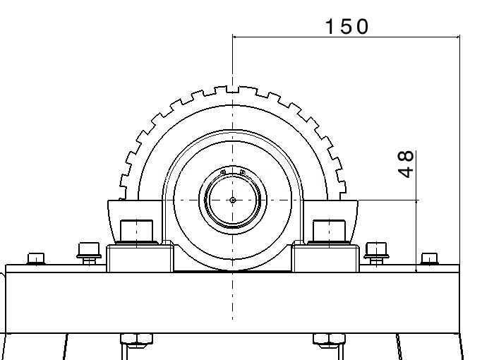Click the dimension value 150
(x=347, y=26)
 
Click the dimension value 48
(x=406, y=164)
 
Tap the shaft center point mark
(x=233, y=200)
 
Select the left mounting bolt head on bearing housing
(x=136, y=232)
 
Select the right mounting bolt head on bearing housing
(x=329, y=232)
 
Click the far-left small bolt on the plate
(x=36, y=258)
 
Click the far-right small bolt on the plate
(x=430, y=258)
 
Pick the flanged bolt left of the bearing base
(x=89, y=253)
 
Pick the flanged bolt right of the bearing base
(x=376, y=253)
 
